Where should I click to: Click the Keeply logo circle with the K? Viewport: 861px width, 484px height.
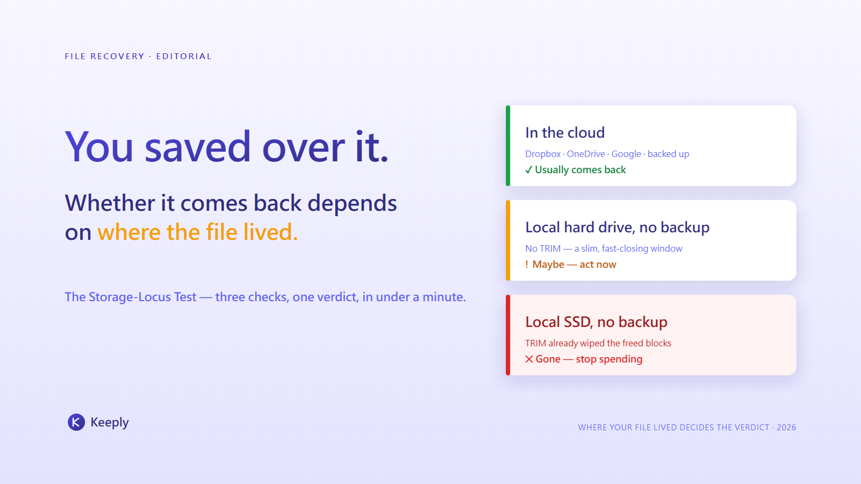point(76,422)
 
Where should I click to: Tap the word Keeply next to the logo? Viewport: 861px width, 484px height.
point(110,423)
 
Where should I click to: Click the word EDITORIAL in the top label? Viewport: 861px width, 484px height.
point(184,56)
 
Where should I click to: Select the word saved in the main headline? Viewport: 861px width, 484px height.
point(197,147)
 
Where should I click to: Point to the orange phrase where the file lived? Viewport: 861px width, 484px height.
point(197,232)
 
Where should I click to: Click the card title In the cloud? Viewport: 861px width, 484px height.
point(565,132)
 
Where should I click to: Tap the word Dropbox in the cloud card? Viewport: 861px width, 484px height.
point(543,154)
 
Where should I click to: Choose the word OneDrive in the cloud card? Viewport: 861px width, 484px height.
point(586,154)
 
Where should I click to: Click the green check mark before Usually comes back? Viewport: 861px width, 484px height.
point(529,170)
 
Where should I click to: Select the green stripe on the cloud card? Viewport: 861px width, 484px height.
point(508,146)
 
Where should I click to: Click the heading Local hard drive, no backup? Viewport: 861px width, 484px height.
point(617,227)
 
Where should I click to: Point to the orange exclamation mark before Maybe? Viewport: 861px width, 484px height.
point(527,264)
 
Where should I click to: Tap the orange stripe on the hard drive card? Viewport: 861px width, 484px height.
point(508,240)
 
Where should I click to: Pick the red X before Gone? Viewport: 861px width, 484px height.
point(530,359)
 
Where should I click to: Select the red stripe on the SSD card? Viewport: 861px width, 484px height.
point(508,335)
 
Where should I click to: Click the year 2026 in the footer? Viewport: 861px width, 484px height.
point(786,428)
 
